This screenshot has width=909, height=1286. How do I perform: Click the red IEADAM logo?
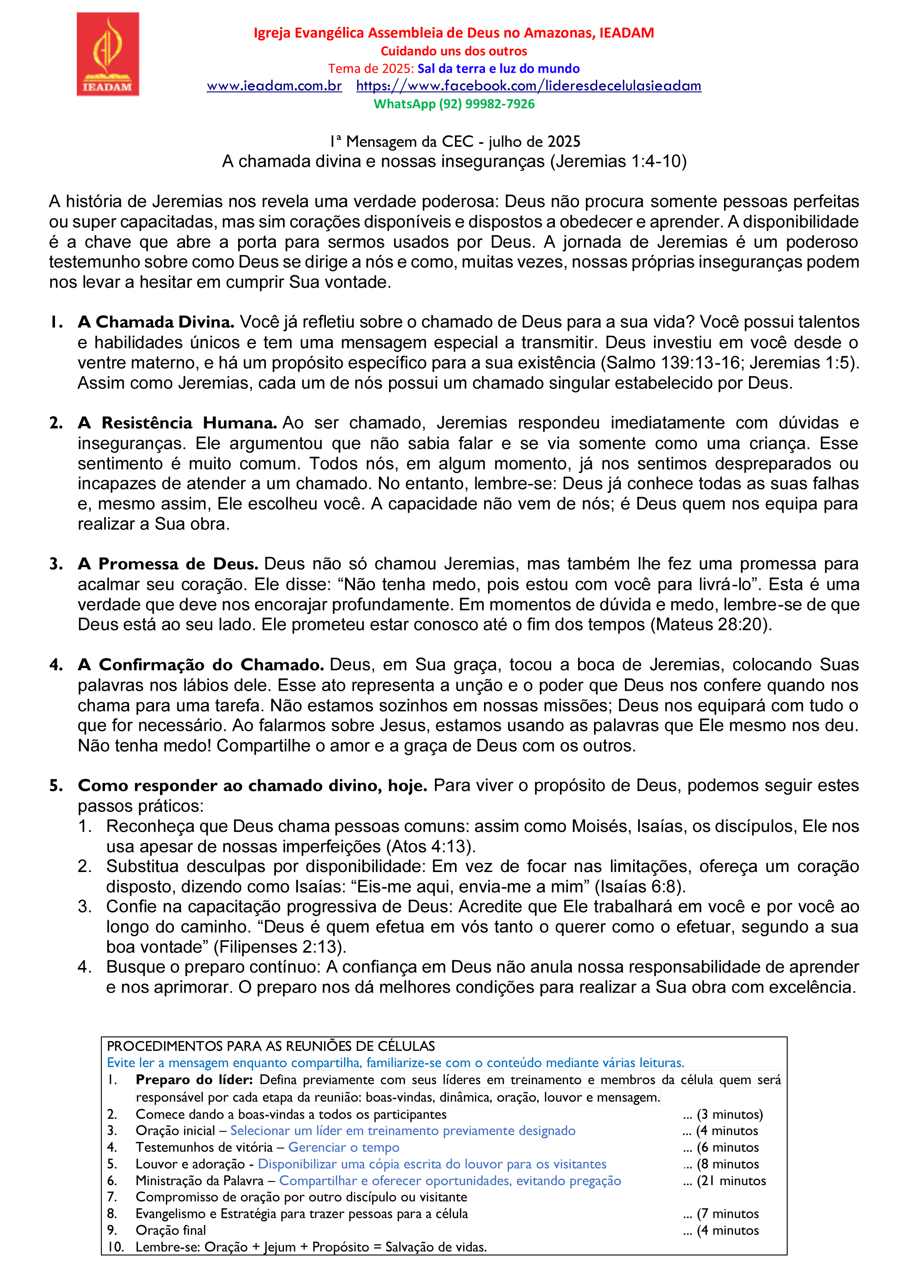click(x=108, y=55)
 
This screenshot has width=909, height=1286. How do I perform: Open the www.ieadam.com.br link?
click(x=274, y=86)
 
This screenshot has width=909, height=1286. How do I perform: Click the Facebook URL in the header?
click(x=528, y=86)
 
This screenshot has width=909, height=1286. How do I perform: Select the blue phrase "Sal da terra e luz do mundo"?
click(x=498, y=68)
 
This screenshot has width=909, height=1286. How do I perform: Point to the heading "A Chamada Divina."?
click(x=156, y=322)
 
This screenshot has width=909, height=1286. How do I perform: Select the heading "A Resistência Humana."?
click(x=177, y=423)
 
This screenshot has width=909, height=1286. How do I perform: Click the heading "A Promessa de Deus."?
click(x=167, y=564)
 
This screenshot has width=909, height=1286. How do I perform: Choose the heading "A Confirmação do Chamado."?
click(x=200, y=665)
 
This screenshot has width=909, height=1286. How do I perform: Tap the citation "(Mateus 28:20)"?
click(x=711, y=624)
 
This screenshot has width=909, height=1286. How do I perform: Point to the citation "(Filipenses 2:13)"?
click(x=280, y=947)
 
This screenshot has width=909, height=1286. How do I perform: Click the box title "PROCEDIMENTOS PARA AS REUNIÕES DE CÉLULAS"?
click(x=270, y=1046)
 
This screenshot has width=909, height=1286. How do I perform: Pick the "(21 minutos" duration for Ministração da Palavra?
click(x=731, y=1181)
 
